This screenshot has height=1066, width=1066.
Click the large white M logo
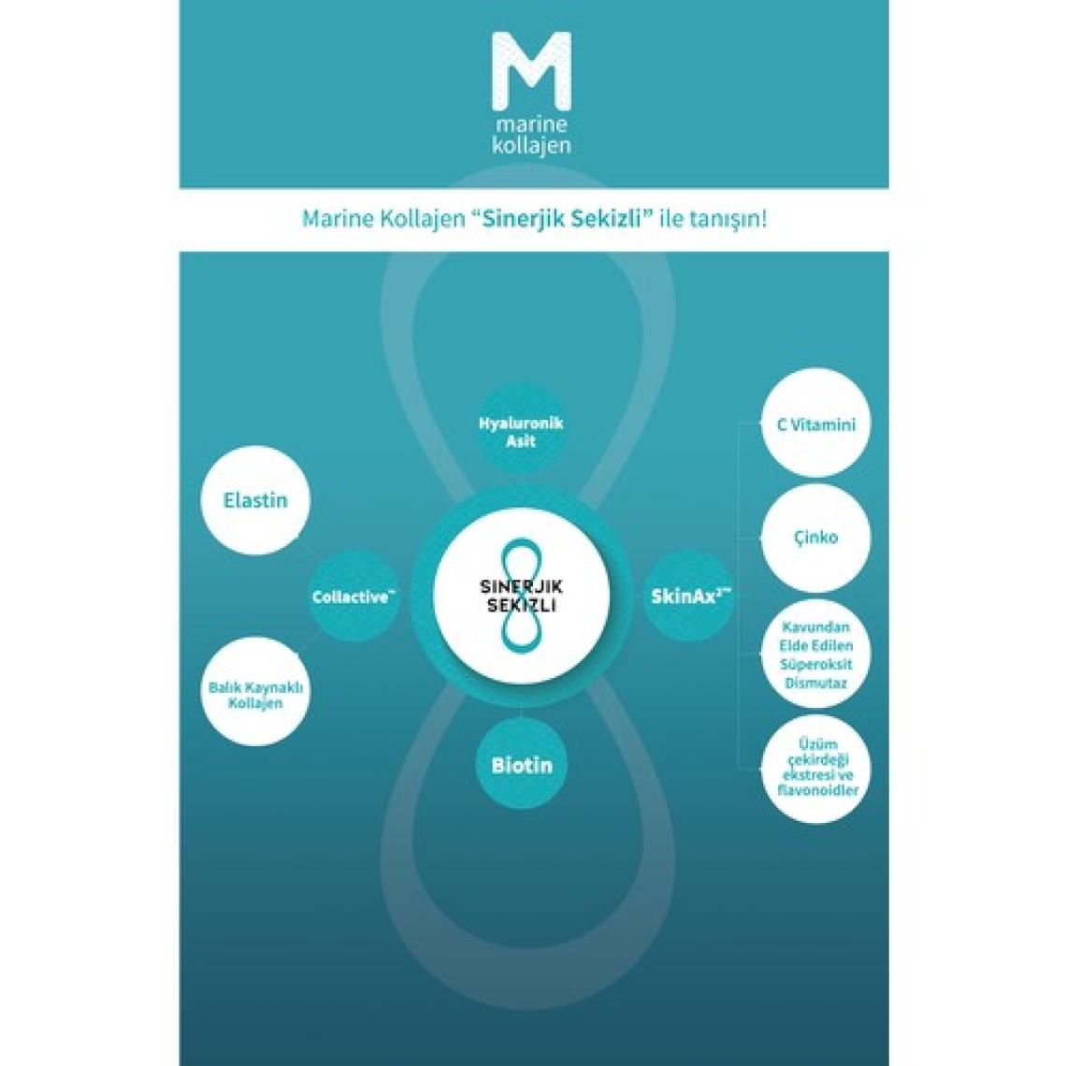(533, 74)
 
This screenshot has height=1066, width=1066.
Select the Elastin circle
(255, 500)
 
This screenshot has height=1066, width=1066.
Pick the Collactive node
(350, 597)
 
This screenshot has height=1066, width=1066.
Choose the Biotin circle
(522, 765)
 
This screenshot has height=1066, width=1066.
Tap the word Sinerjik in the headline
(518, 221)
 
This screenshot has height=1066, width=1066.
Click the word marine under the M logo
(533, 124)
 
